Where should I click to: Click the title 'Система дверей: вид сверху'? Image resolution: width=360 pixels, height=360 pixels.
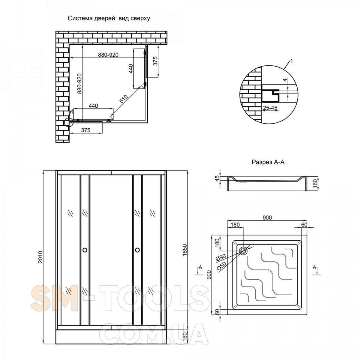pos(109,19)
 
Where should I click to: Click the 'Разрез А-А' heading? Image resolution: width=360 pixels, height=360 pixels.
pos(268,162)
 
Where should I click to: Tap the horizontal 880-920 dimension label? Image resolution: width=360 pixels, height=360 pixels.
pos(108,55)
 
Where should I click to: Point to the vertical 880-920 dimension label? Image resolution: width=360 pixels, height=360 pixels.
pos(79,83)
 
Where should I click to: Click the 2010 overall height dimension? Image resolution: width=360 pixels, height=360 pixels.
pos(40,257)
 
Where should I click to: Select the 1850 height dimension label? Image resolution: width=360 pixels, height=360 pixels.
pos(184,250)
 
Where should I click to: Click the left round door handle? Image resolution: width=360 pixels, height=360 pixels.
pos(85,250)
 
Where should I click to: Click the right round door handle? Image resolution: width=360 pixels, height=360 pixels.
pos(137,250)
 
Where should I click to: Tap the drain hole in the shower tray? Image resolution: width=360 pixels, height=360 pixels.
pos(243,251)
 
